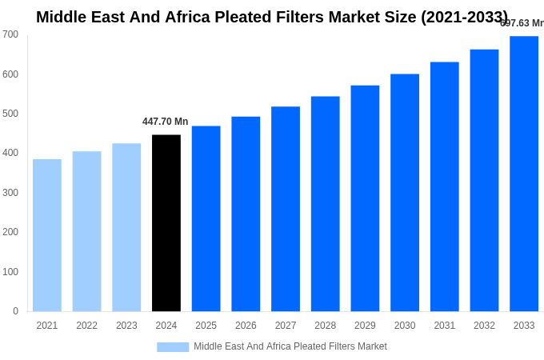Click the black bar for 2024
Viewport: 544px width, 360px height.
(x=166, y=223)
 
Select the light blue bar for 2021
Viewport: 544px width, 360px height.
(x=47, y=235)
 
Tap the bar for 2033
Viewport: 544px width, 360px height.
(x=524, y=174)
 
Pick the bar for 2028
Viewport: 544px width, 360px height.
(x=326, y=204)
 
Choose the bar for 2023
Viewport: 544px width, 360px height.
(x=126, y=227)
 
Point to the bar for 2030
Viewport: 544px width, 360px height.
(x=405, y=193)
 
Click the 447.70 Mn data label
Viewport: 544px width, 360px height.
(x=166, y=122)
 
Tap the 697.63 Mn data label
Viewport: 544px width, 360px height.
(x=522, y=23)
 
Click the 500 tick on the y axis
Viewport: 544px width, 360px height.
(x=10, y=114)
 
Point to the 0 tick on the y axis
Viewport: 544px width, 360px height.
(x=15, y=311)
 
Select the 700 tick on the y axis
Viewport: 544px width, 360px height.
(x=10, y=34)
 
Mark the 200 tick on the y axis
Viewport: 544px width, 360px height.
(x=10, y=232)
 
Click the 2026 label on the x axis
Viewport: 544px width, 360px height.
(x=246, y=326)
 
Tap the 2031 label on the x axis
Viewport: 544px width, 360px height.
(x=445, y=326)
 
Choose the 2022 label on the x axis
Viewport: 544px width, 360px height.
(x=87, y=326)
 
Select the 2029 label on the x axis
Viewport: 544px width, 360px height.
(x=365, y=326)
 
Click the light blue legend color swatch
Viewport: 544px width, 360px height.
(x=173, y=347)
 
